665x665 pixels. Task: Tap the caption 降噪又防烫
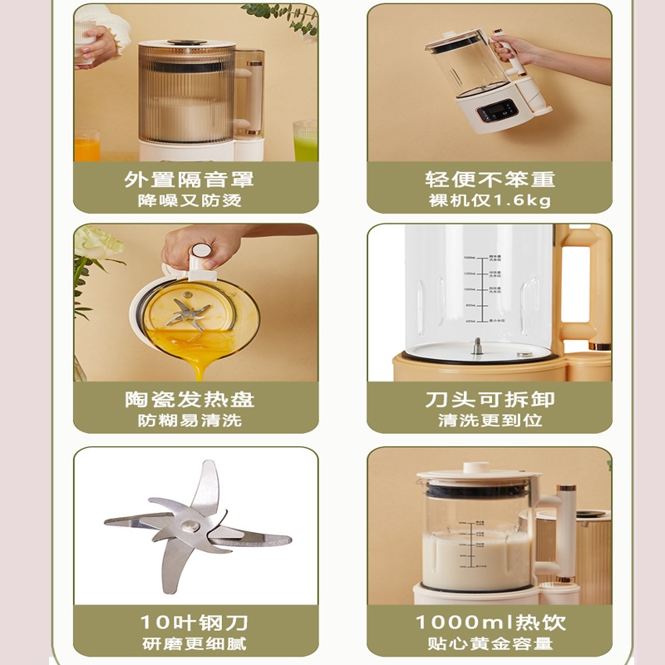(190, 201)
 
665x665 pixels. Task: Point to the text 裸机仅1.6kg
(490, 201)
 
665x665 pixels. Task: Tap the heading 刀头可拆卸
(490, 400)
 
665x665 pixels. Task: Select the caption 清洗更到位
(490, 421)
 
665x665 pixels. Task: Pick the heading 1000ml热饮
(490, 623)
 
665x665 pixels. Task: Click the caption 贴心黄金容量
(490, 643)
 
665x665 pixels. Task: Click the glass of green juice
(305, 141)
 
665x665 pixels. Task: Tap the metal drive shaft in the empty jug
(477, 346)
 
